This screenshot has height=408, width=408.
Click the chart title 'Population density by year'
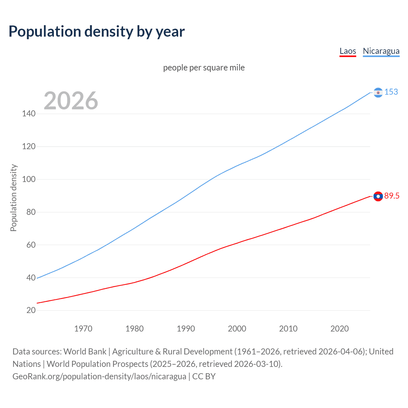point(97,32)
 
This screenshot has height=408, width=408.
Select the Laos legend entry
point(348,51)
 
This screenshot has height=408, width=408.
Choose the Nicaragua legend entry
point(381,51)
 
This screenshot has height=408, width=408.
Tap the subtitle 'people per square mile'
point(204,68)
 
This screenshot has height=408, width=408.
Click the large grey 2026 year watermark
point(71,101)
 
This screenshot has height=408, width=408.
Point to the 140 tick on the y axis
point(29,113)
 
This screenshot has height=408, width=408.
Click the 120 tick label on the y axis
point(29,146)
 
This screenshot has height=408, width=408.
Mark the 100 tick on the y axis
point(29,179)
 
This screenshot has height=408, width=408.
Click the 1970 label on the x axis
point(83,329)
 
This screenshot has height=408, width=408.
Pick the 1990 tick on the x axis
point(186,329)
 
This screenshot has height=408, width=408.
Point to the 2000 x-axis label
point(237,329)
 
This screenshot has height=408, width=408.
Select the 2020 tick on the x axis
point(339,329)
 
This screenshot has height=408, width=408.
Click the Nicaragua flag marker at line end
point(378,92)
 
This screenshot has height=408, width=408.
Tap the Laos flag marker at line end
point(378,196)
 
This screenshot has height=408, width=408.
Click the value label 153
point(391,92)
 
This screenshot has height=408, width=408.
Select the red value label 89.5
point(392,196)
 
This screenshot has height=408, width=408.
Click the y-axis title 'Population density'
point(13,198)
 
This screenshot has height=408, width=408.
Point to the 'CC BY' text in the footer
point(204,376)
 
